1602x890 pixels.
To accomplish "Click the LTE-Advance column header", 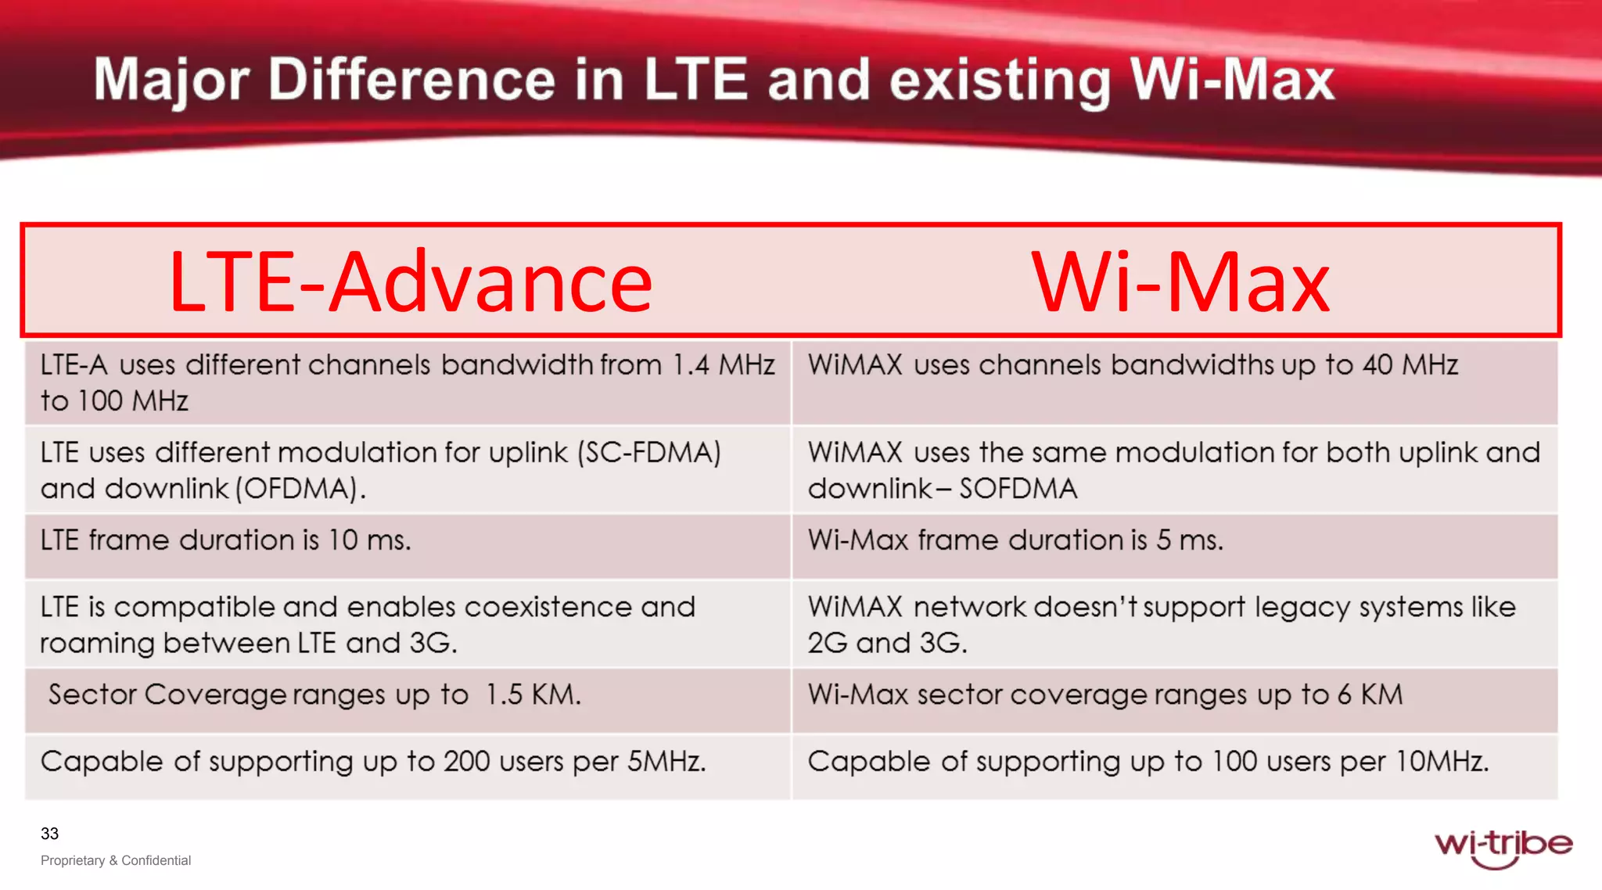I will pyautogui.click(x=411, y=282).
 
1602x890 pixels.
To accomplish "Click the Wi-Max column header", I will pyautogui.click(x=1180, y=282).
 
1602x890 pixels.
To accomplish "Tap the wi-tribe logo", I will pyautogui.click(x=1502, y=846).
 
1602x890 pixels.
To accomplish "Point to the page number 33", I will pyautogui.click(x=49, y=834).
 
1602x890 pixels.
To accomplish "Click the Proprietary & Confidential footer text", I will pyautogui.click(x=116, y=860).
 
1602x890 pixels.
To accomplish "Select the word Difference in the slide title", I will pyautogui.click(x=411, y=80).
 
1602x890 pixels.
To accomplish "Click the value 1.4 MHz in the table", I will pyautogui.click(x=724, y=365).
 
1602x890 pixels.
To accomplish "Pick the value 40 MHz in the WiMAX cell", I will pyautogui.click(x=1410, y=365).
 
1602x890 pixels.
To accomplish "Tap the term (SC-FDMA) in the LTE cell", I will pyautogui.click(x=648, y=453).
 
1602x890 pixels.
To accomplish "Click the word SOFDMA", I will pyautogui.click(x=1018, y=489).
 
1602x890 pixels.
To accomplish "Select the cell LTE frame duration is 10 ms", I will pyautogui.click(x=225, y=540).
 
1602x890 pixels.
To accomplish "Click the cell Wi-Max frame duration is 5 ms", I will pyautogui.click(x=1015, y=540).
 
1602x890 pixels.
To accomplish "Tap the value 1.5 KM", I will pyautogui.click(x=533, y=694).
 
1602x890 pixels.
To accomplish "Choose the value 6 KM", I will pyautogui.click(x=1370, y=694).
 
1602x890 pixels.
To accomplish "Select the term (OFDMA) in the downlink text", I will pyautogui.click(x=301, y=489).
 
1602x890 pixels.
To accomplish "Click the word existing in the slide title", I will pyautogui.click(x=999, y=80).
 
